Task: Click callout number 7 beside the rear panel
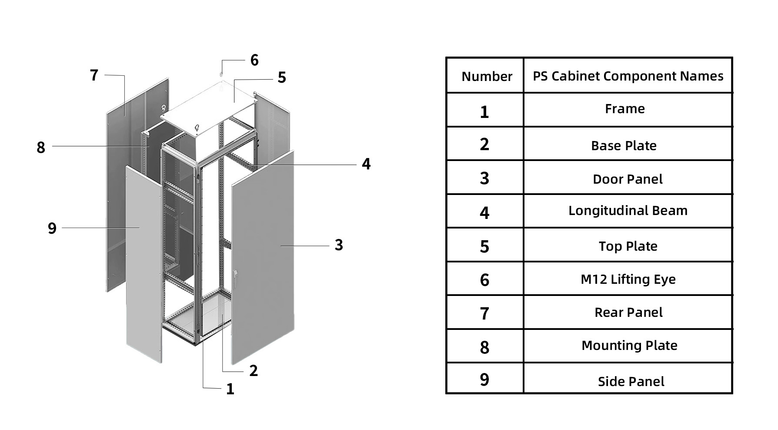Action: point(94,75)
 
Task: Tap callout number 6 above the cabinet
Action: point(254,60)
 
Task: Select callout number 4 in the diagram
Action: point(366,164)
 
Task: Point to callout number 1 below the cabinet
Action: point(230,389)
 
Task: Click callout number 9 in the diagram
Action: point(52,228)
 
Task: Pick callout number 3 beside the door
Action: point(339,245)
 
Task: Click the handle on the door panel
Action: point(235,279)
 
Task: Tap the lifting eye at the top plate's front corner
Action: point(197,128)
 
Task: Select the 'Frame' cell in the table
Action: point(624,109)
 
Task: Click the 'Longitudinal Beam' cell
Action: point(628,211)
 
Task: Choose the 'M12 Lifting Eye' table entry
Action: point(628,279)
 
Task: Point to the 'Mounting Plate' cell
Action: point(629,346)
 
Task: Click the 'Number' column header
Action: point(487,77)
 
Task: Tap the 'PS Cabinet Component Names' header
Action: point(628,76)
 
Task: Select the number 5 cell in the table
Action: point(484,247)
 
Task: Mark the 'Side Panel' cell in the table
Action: point(631,382)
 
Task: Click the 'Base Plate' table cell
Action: point(624,146)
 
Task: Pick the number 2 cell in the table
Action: point(484,144)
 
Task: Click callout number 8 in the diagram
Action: point(41,148)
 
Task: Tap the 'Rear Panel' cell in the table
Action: point(628,312)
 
